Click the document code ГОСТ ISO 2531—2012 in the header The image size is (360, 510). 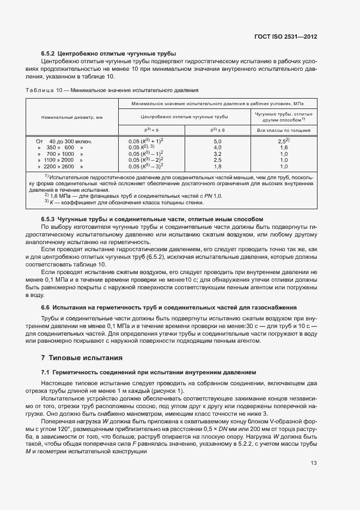pyautogui.click(x=285, y=37)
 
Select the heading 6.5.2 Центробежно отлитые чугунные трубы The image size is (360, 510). pyautogui.click(x=108, y=53)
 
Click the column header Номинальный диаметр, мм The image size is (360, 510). pyautogui.click(x=72, y=117)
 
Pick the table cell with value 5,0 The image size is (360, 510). pyautogui.click(x=217, y=141)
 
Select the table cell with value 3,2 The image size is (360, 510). pyautogui.click(x=217, y=154)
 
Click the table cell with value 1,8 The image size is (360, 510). pyautogui.click(x=217, y=166)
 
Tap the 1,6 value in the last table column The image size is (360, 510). pyautogui.click(x=283, y=148)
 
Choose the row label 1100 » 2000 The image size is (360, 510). pyautogui.click(x=60, y=160)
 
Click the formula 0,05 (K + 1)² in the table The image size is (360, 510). pyautogui.click(x=146, y=141)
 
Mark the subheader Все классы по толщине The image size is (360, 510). pyautogui.click(x=283, y=130)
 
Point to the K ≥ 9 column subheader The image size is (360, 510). pyautogui.click(x=217, y=130)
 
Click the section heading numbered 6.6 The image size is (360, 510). pyautogui.click(x=169, y=307)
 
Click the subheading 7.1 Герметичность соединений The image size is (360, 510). pyautogui.click(x=148, y=372)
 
